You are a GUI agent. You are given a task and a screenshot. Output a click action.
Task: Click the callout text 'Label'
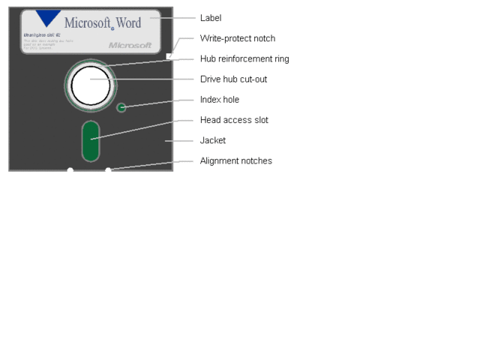coord(211,18)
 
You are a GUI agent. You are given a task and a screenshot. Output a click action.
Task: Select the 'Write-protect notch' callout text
coord(237,38)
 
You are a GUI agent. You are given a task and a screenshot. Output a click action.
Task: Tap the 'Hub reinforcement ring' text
coord(244,58)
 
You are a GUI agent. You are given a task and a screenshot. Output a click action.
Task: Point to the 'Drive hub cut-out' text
coord(234,79)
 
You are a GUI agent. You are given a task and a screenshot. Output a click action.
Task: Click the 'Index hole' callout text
coord(220,100)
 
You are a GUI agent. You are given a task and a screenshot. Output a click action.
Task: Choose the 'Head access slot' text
coord(234,120)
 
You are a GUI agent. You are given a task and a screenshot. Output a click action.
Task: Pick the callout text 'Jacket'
coord(213,140)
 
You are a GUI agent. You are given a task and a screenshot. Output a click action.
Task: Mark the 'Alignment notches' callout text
coord(236,160)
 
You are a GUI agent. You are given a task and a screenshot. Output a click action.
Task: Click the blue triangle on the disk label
coord(49,16)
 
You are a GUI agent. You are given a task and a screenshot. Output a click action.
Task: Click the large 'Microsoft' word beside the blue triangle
coord(87,22)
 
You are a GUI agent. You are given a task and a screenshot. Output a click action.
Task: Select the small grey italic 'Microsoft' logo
coord(130,45)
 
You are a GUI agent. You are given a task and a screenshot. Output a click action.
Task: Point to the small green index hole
coord(121,107)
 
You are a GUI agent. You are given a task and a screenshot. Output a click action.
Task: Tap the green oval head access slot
coord(91,139)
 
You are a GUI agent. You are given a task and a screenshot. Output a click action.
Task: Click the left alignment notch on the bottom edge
coord(70,170)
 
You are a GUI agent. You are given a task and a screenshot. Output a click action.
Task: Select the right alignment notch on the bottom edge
coord(108,170)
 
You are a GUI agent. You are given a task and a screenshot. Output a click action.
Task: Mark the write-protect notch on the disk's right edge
coord(170,55)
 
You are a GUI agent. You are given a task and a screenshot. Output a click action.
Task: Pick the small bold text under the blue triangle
coord(42,35)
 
